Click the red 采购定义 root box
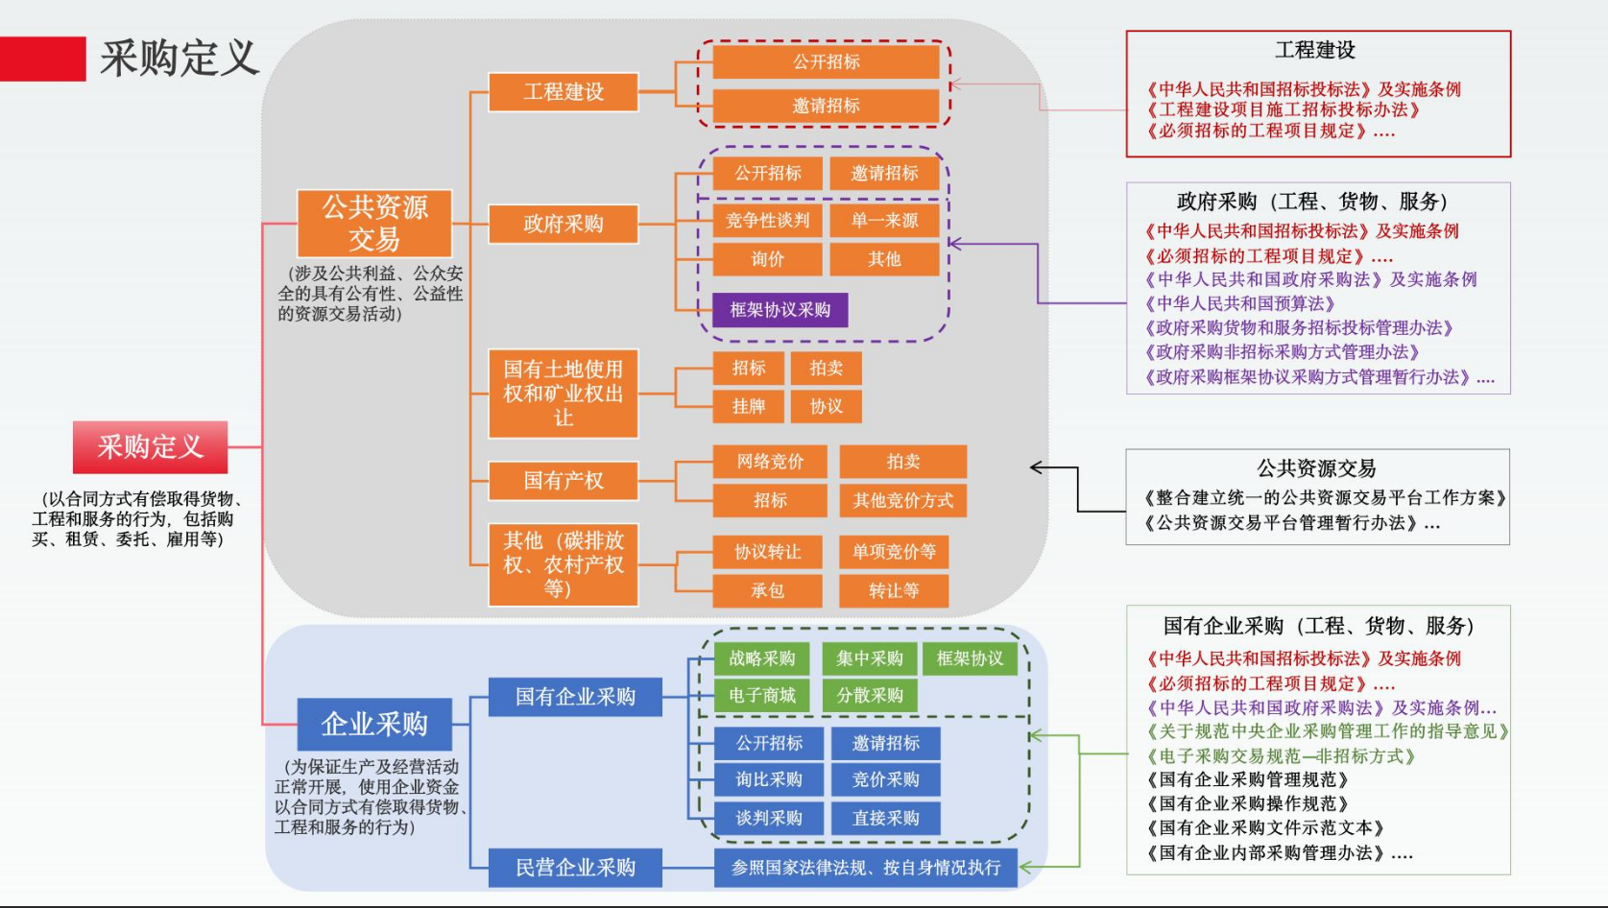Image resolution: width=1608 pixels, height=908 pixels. [x=150, y=446]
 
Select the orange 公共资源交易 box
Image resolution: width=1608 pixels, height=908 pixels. [x=374, y=223]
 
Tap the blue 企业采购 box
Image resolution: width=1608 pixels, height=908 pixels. [x=374, y=724]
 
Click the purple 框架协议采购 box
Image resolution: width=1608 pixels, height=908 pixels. [x=780, y=310]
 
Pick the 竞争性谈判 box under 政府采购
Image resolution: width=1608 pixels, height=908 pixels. [x=767, y=221]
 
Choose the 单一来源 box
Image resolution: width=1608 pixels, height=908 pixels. [x=884, y=221]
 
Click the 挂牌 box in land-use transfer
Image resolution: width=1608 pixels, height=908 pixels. [x=749, y=406]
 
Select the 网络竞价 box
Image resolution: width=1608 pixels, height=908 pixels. [x=770, y=462]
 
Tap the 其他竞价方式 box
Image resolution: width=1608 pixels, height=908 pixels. [x=902, y=500]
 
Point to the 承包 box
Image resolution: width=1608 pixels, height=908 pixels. [x=767, y=590]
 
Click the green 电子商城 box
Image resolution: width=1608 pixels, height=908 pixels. [x=762, y=695]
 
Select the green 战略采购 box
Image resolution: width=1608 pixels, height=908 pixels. [x=762, y=658]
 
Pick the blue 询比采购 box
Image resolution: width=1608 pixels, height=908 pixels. [x=769, y=779]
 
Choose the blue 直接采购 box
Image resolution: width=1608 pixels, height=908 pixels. [x=885, y=818]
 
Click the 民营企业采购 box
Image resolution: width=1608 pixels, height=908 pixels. [x=575, y=868]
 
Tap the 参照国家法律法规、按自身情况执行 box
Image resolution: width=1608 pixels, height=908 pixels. [x=866, y=868]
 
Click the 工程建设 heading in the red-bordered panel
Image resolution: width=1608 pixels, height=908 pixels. [x=1315, y=50]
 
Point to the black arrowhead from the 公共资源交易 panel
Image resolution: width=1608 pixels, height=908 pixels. [x=1036, y=467]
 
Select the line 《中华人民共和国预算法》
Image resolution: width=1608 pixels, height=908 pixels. [x=1240, y=303]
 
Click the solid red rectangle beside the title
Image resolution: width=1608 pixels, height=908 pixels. [x=42, y=59]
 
